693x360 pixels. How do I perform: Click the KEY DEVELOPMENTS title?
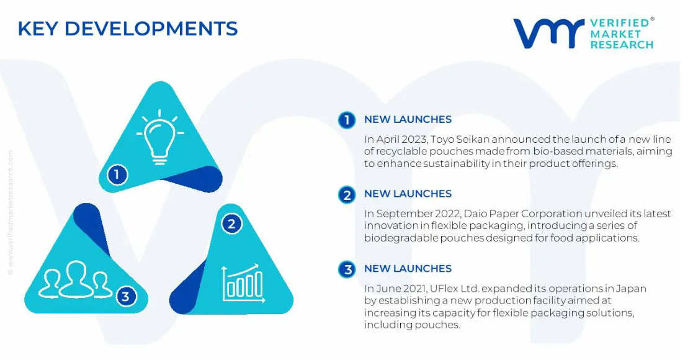[x=128, y=29]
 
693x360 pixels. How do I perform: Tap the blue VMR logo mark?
[x=548, y=33]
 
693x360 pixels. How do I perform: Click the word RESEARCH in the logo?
[x=622, y=45]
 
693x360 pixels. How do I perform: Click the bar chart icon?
[x=244, y=283]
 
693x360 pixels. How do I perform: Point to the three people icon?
[x=76, y=279]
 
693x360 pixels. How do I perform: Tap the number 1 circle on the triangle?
[x=117, y=174]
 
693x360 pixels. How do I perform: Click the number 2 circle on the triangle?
[x=231, y=224]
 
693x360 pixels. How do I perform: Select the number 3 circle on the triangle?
[x=126, y=296]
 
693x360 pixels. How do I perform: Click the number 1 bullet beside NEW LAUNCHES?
[x=347, y=120]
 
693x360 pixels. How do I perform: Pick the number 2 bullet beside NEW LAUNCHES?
[x=347, y=195]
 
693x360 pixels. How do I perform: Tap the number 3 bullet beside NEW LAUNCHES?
[x=347, y=269]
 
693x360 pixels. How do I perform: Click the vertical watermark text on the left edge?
[x=10, y=213]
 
